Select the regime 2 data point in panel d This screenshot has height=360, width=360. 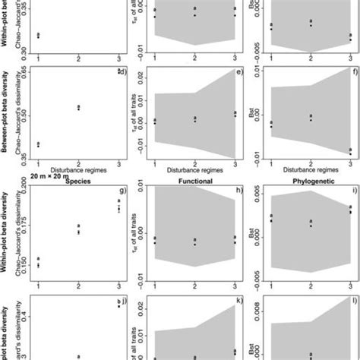tap(78, 108)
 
